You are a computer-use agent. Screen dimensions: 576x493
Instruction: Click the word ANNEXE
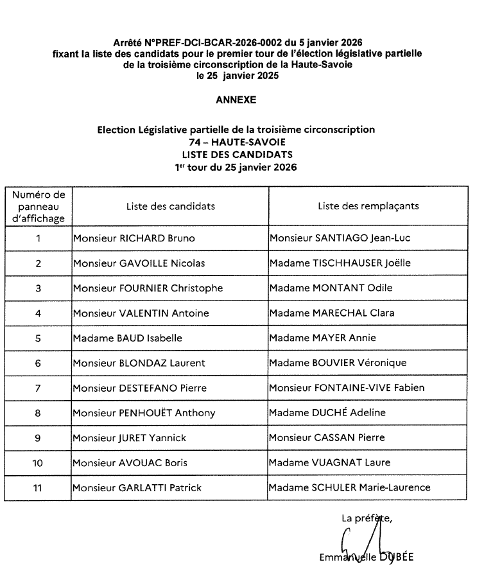(x=236, y=100)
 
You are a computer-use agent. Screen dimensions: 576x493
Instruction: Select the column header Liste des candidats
(x=170, y=206)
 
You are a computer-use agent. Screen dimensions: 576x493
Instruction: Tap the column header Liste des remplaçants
(x=368, y=206)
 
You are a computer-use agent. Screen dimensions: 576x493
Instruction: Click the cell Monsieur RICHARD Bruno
(x=134, y=238)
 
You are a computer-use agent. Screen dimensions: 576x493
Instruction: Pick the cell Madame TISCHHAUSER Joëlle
(x=340, y=263)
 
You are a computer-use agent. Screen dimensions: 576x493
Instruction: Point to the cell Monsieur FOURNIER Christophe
(x=148, y=288)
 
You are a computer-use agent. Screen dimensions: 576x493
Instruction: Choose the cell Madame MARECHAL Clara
(x=332, y=313)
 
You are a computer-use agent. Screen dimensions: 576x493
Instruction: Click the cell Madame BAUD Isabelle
(x=128, y=338)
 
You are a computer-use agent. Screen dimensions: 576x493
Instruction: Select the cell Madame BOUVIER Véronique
(x=338, y=363)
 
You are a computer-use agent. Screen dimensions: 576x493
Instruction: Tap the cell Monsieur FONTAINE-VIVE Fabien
(x=347, y=388)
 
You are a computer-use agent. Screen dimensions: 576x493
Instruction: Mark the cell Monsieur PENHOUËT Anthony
(x=144, y=413)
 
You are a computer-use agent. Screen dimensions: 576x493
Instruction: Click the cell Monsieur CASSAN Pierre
(x=327, y=438)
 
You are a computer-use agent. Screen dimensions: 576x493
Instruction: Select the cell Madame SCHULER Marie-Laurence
(x=350, y=487)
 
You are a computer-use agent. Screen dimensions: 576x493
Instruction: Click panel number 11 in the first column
(x=38, y=487)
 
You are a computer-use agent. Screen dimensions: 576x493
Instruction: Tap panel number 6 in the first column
(x=38, y=363)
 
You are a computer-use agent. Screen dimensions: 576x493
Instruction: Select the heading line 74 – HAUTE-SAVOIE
(x=236, y=142)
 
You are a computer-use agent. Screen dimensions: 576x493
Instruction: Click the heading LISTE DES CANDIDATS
(x=237, y=154)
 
